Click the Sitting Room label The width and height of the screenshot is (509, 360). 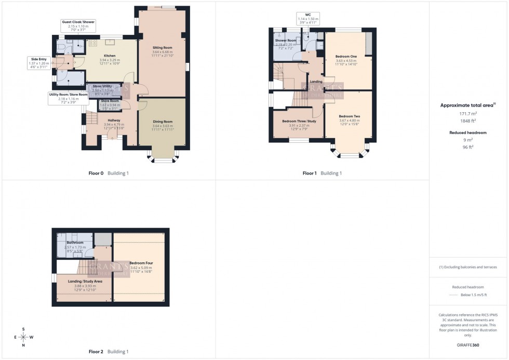[163, 47]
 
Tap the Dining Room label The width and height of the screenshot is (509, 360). [162, 122]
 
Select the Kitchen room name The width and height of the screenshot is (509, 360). [109, 56]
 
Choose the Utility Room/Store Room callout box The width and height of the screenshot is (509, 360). [68, 98]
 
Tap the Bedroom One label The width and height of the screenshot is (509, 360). [346, 56]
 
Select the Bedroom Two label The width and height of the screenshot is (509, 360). [349, 116]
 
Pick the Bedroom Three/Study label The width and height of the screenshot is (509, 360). [296, 121]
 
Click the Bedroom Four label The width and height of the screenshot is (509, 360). [141, 263]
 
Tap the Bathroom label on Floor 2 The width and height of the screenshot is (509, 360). [75, 243]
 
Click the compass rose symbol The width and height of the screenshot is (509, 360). [23, 337]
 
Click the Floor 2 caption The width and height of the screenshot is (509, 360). [96, 352]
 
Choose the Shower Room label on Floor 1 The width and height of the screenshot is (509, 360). [285, 40]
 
